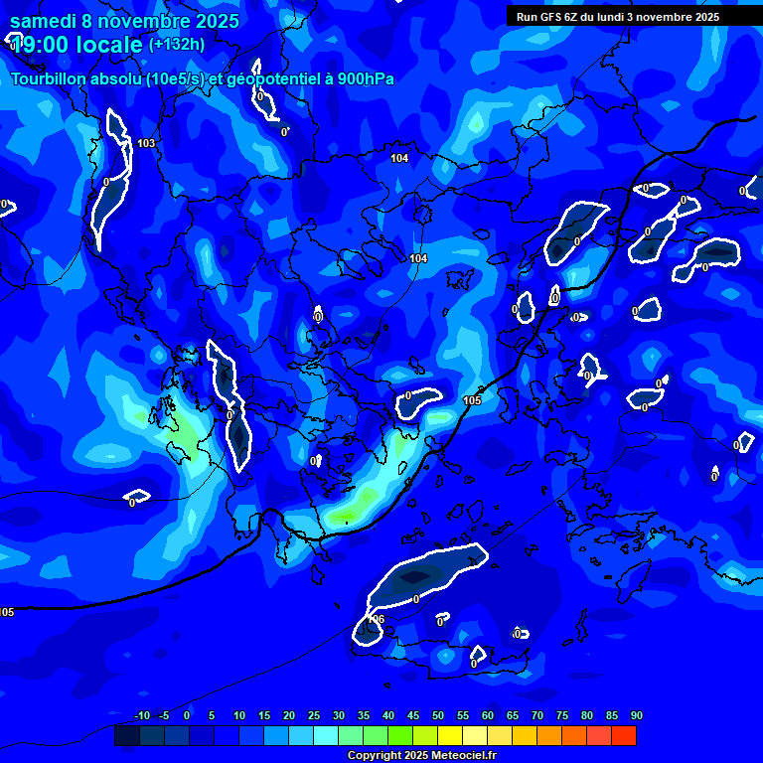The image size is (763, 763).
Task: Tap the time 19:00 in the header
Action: click(x=46, y=45)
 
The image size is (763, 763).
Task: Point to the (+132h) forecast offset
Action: click(x=177, y=44)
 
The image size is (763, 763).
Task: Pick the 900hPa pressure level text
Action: click(x=366, y=78)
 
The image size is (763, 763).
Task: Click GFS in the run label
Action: click(x=549, y=17)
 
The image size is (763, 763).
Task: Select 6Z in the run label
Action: click(x=571, y=17)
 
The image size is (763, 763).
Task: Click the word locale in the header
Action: click(x=112, y=45)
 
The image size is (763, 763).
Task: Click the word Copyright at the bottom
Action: click(x=376, y=756)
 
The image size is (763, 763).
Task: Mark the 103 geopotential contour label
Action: click(x=146, y=144)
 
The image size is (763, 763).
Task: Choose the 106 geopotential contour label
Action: click(x=377, y=618)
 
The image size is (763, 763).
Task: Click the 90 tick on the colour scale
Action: click(x=636, y=715)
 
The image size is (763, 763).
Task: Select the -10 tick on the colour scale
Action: click(x=141, y=715)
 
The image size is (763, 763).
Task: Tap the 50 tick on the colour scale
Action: click(x=437, y=715)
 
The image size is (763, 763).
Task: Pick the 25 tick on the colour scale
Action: click(x=313, y=715)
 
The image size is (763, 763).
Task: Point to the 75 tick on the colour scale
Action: click(x=561, y=715)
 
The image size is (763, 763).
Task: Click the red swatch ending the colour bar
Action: click(x=623, y=736)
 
